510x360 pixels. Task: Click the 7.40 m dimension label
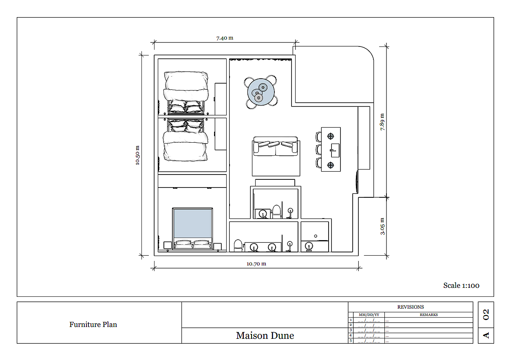(225, 38)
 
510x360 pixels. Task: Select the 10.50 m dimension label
(137, 155)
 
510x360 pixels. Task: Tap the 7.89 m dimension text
(382, 122)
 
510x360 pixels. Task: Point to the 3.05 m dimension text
(382, 226)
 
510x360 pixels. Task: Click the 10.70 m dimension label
(256, 264)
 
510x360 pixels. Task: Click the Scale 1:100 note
(461, 285)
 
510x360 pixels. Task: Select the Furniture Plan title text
(93, 324)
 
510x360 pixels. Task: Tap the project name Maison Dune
(265, 336)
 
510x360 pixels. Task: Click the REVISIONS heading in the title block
(411, 307)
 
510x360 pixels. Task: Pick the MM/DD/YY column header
(369, 315)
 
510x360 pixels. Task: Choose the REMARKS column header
(429, 315)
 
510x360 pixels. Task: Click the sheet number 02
(486, 314)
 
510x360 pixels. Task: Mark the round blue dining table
(261, 92)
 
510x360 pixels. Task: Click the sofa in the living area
(276, 146)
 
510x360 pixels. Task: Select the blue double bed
(192, 228)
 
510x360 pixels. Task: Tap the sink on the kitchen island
(335, 150)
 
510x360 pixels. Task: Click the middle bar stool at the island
(318, 149)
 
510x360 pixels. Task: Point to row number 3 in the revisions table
(351, 330)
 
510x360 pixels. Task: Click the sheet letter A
(486, 336)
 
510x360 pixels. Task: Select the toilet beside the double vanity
(238, 245)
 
